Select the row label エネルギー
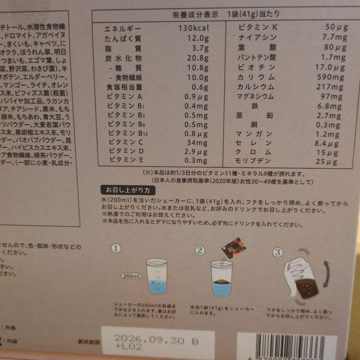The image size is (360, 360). (x=118, y=29)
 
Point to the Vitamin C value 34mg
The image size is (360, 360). (x=197, y=142)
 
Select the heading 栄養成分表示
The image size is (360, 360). (x=195, y=15)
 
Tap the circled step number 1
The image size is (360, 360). (x=116, y=248)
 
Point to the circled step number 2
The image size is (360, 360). (x=200, y=250)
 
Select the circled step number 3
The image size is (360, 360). (x=277, y=252)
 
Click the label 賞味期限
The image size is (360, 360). (x=87, y=341)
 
